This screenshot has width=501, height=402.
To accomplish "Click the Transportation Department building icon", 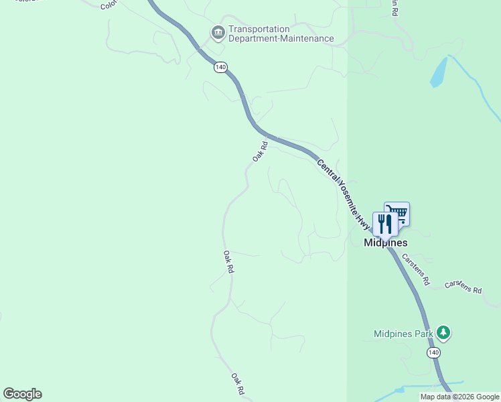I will coord(218,32).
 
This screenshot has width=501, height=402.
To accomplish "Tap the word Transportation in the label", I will coord(259,29).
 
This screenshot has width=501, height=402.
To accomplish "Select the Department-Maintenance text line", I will coord(281,39).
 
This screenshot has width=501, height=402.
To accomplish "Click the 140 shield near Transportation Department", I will coord(221,67).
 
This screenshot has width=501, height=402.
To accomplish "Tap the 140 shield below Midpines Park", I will coord(433,352).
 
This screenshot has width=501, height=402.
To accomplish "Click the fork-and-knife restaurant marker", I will coord(384,224).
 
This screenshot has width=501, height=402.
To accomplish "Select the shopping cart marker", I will coord(398,214).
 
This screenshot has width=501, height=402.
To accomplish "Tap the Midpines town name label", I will coord(385,243).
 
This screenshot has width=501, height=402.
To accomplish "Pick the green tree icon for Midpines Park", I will coord(442,332).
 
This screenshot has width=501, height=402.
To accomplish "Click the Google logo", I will coord(22,394).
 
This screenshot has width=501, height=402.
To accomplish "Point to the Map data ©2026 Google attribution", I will coord(459,397).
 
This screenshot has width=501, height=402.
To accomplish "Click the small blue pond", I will coord(439,73).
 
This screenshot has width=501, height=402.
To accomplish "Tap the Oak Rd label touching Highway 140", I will coord(261,150).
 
